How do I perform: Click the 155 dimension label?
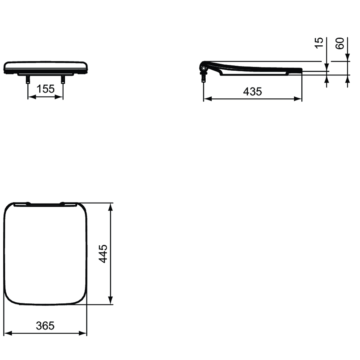click(45, 89)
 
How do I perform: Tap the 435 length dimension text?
click(252, 92)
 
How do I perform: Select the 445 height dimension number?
click(103, 254)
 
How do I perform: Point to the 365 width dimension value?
click(45, 326)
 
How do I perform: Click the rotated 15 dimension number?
click(319, 43)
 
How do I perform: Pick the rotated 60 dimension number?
click(340, 43)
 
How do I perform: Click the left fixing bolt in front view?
click(28, 79)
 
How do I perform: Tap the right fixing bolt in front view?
click(63, 79)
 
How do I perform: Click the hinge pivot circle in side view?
click(203, 68)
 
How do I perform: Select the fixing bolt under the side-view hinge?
click(204, 77)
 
